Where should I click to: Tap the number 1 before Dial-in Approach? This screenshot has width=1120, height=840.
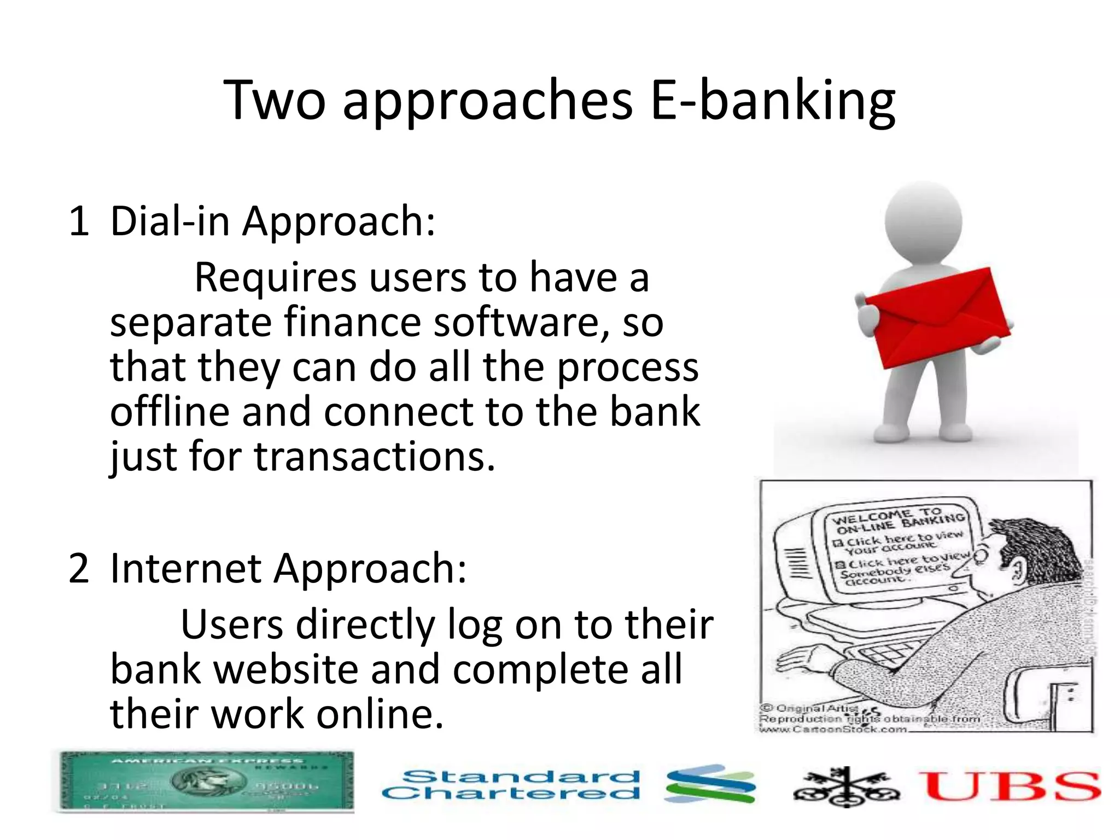tap(79, 221)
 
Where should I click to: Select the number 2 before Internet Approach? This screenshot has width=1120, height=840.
tap(79, 569)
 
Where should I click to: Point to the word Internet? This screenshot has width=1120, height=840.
tap(185, 569)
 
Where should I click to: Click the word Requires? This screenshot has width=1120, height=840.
tap(275, 278)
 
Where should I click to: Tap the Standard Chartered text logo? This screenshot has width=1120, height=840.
tap(511, 785)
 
